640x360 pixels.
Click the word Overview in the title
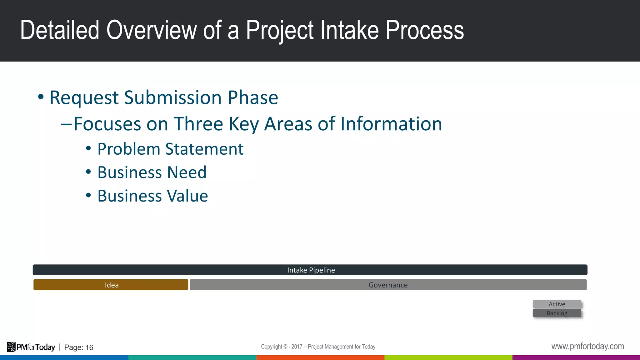tap(151, 30)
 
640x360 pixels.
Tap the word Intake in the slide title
tap(350, 30)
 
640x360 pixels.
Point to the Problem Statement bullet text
tap(170, 149)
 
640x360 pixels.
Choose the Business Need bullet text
tap(152, 172)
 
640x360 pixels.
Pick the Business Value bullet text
tap(152, 196)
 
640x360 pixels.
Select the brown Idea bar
tap(111, 285)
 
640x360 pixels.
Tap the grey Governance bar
tap(388, 285)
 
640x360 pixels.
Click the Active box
tap(557, 304)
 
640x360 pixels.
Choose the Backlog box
tap(557, 313)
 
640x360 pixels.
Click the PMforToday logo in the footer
tap(31, 347)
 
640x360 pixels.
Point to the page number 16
tap(89, 347)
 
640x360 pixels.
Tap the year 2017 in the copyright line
tap(297, 347)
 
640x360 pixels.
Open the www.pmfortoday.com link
tap(587, 346)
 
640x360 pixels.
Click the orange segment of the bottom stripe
tap(320, 357)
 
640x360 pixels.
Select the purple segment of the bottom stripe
tap(576, 357)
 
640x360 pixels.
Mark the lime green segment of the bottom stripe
tap(448, 357)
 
